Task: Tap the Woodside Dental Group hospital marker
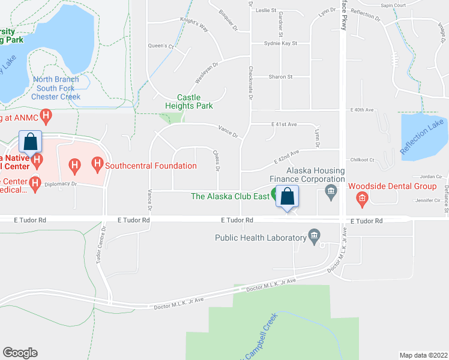pyautogui.click(x=362, y=197)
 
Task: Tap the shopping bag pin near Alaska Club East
pyautogui.click(x=288, y=196)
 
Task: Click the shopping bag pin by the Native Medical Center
pyautogui.click(x=31, y=142)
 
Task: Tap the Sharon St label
pyautogui.click(x=280, y=77)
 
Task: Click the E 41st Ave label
pyautogui.click(x=284, y=124)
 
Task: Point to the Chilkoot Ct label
pyautogui.click(x=363, y=160)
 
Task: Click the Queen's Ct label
pyautogui.click(x=161, y=46)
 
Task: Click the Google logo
pyautogui.click(x=20, y=353)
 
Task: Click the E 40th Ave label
pyautogui.click(x=362, y=110)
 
